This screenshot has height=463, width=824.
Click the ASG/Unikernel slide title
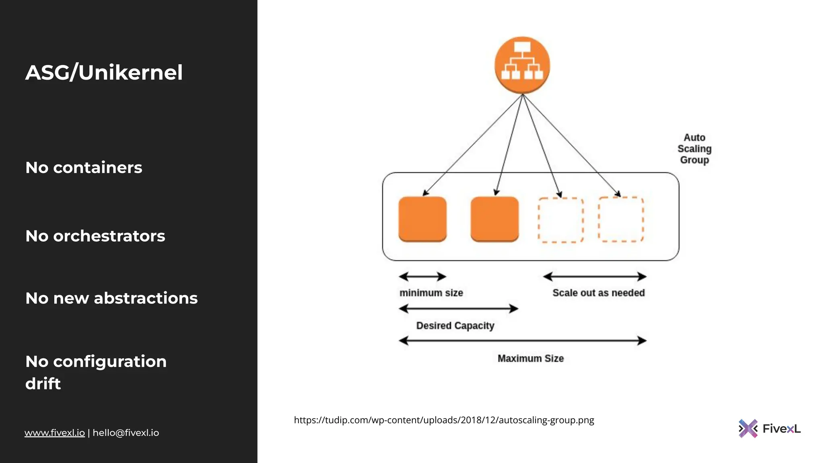point(104,73)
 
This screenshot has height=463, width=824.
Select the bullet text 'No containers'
point(84,168)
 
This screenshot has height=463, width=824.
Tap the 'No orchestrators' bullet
point(95,236)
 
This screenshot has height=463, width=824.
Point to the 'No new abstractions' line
point(111,298)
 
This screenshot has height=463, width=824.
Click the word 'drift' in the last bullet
point(43,384)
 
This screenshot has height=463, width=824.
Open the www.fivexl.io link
point(54,433)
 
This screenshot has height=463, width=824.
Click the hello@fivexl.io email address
point(126,433)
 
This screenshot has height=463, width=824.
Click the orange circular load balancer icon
point(522,65)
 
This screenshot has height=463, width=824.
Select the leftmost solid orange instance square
point(422,219)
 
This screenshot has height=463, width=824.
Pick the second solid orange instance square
point(494,219)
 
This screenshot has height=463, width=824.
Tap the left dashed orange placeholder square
point(560,220)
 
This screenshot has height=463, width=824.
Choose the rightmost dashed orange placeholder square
point(620,219)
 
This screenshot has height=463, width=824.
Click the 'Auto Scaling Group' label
point(694,149)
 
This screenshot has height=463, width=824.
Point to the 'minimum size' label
point(431,293)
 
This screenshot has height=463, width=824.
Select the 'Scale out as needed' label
point(598,293)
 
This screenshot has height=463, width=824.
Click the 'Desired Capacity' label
point(455,326)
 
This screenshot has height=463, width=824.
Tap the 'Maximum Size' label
point(530,359)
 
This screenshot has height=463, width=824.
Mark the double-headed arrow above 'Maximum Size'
point(522,341)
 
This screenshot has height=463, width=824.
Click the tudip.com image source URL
point(444,420)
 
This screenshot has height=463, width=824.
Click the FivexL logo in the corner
point(769,428)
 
